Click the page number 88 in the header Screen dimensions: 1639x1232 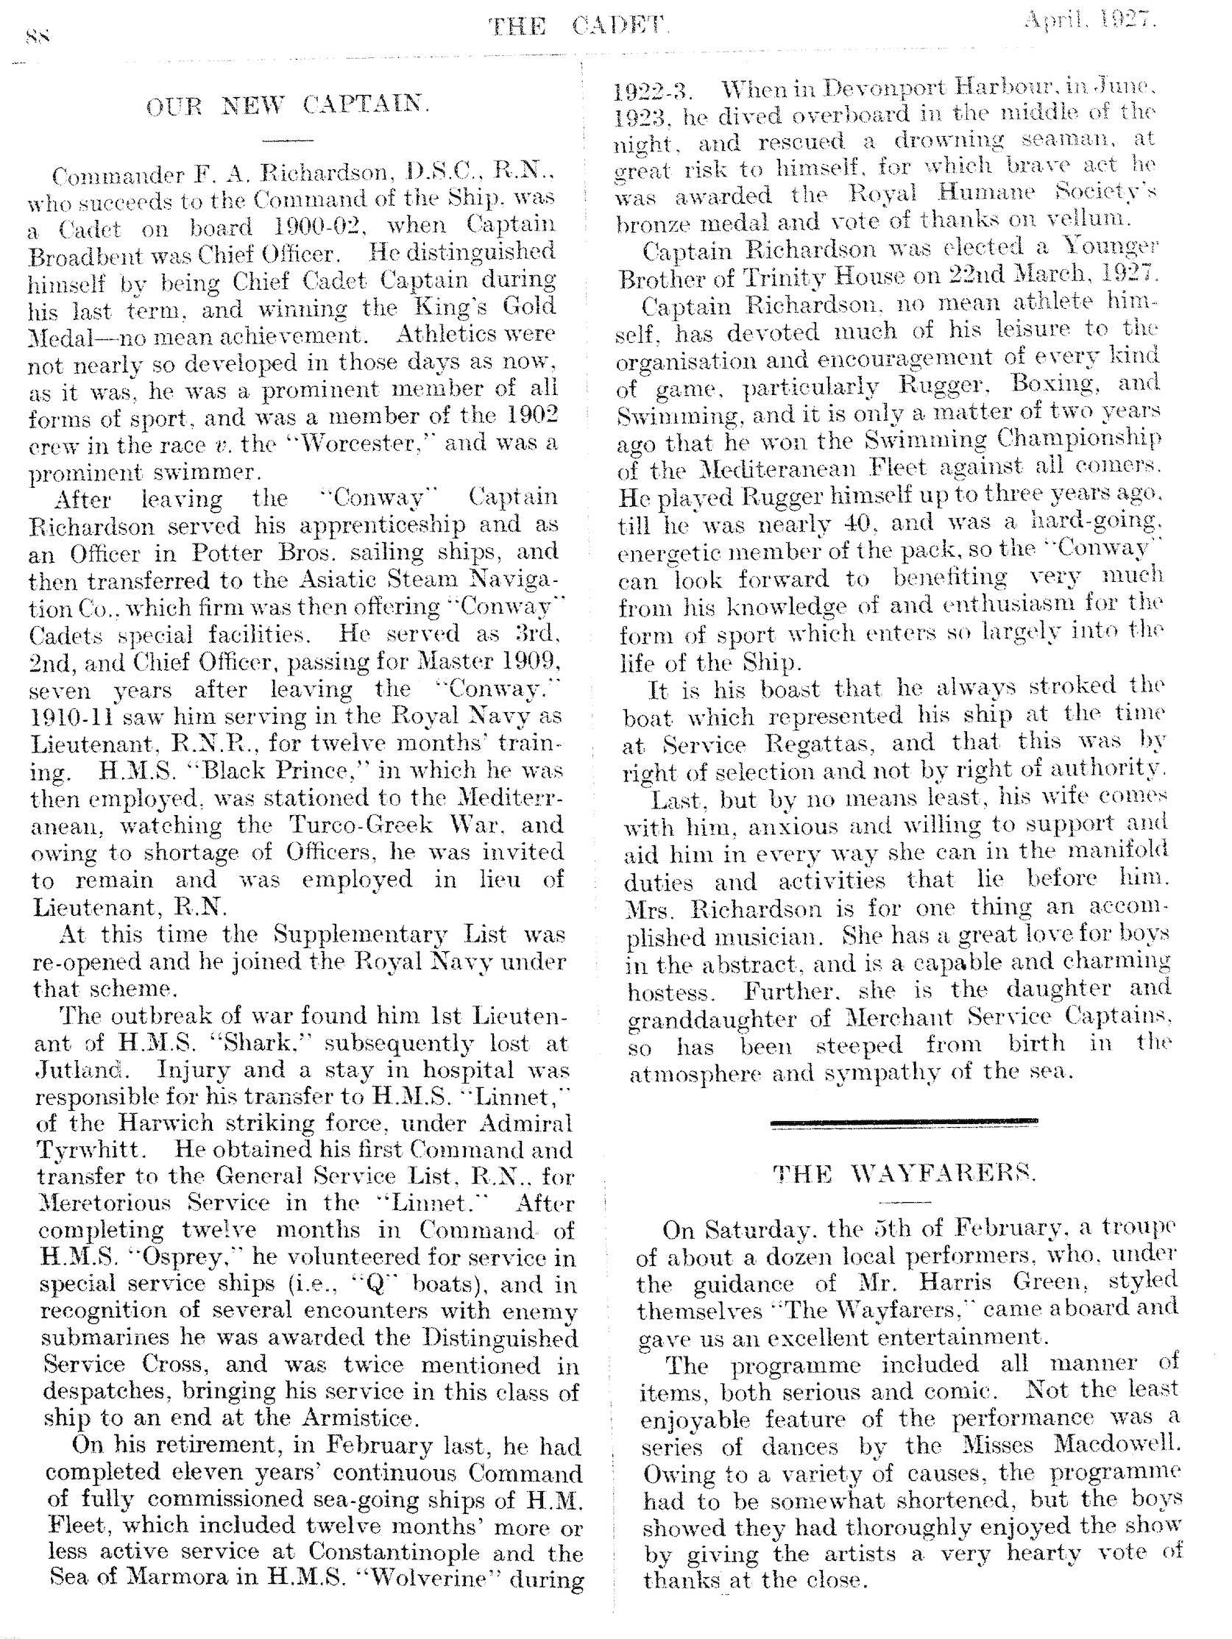coord(38,35)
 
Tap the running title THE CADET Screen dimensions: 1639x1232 coord(578,26)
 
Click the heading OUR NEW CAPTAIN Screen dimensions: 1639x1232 coord(288,106)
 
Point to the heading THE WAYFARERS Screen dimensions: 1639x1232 coord(904,1173)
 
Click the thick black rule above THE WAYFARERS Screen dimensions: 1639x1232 coord(904,1121)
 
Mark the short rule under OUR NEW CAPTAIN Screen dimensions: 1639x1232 coord(288,139)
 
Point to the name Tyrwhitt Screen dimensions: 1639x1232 coord(86,1150)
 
